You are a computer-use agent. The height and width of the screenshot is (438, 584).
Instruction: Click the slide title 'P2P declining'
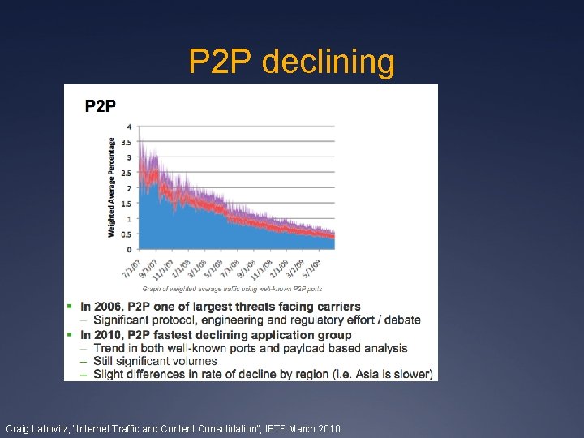[291, 62]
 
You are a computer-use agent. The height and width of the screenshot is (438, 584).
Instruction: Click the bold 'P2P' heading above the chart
[101, 105]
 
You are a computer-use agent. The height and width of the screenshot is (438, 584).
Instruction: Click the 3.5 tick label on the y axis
[126, 143]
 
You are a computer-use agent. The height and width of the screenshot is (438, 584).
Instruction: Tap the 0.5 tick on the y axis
[126, 234]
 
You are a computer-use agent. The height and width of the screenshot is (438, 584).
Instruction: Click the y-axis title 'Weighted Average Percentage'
[111, 187]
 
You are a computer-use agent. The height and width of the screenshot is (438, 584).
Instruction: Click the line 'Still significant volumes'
[155, 361]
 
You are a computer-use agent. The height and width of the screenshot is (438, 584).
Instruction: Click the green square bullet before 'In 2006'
[71, 307]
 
